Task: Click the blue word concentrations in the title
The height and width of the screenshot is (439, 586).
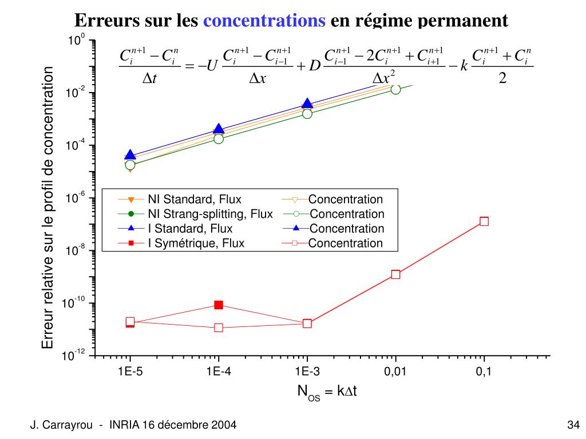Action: coord(264,21)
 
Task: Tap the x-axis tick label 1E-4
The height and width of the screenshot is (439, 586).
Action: coord(219,372)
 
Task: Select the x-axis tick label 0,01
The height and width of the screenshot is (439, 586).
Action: coord(395,372)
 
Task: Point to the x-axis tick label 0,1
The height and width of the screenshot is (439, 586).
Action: coord(484,372)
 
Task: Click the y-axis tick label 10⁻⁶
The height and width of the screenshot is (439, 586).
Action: coord(76,198)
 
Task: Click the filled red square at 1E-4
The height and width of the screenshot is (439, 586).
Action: coord(219,305)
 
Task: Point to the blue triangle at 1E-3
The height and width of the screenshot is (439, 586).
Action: coord(307,103)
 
